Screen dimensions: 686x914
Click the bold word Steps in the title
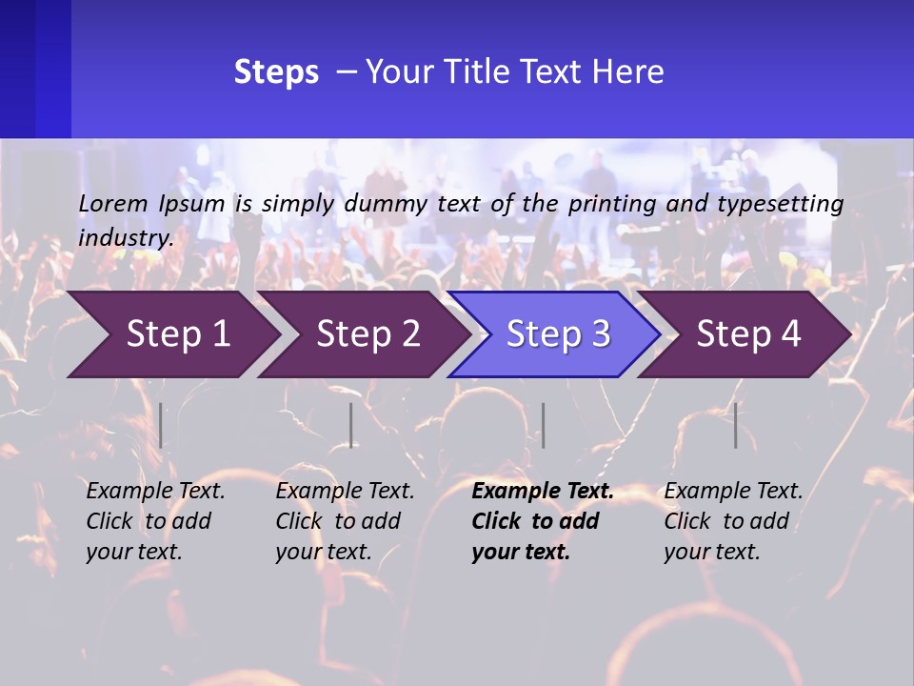point(276,72)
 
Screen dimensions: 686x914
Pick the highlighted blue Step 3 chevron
point(558,334)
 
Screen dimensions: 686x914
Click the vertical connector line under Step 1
point(161,425)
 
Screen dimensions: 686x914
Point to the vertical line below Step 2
point(351,425)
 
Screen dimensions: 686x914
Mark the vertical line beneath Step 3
point(543,425)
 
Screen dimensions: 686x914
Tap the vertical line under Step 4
point(735,425)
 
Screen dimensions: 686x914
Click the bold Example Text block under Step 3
point(542,521)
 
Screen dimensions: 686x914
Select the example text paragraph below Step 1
point(155,521)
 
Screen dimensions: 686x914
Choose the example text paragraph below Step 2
point(345,521)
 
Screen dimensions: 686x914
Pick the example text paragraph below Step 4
point(732,521)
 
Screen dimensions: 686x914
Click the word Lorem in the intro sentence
point(113,204)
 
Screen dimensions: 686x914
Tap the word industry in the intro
point(126,238)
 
